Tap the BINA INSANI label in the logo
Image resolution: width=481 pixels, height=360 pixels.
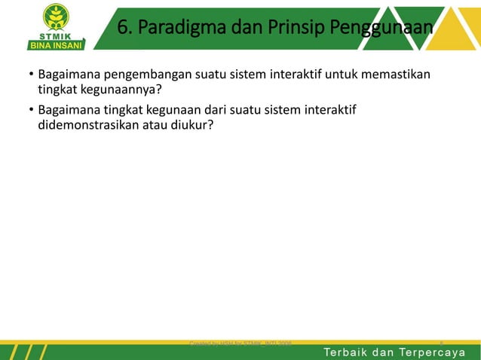57,44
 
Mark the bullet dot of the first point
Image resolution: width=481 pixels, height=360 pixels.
31,75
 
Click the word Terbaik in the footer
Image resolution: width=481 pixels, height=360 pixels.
348,352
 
